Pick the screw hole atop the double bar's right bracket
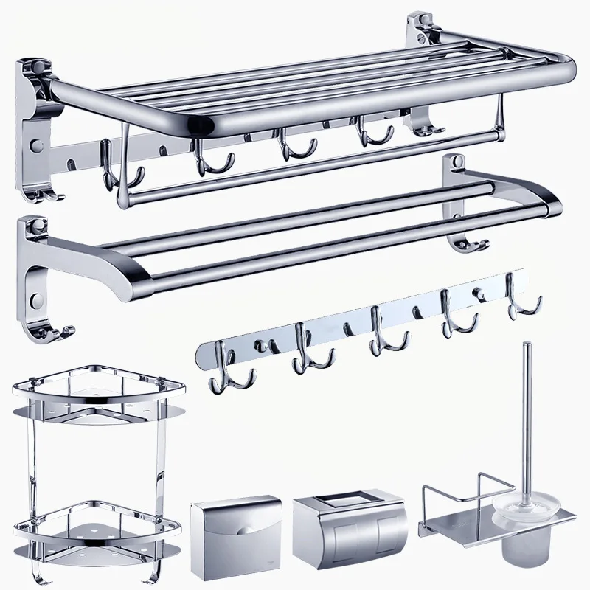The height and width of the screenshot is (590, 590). point(459,161)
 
